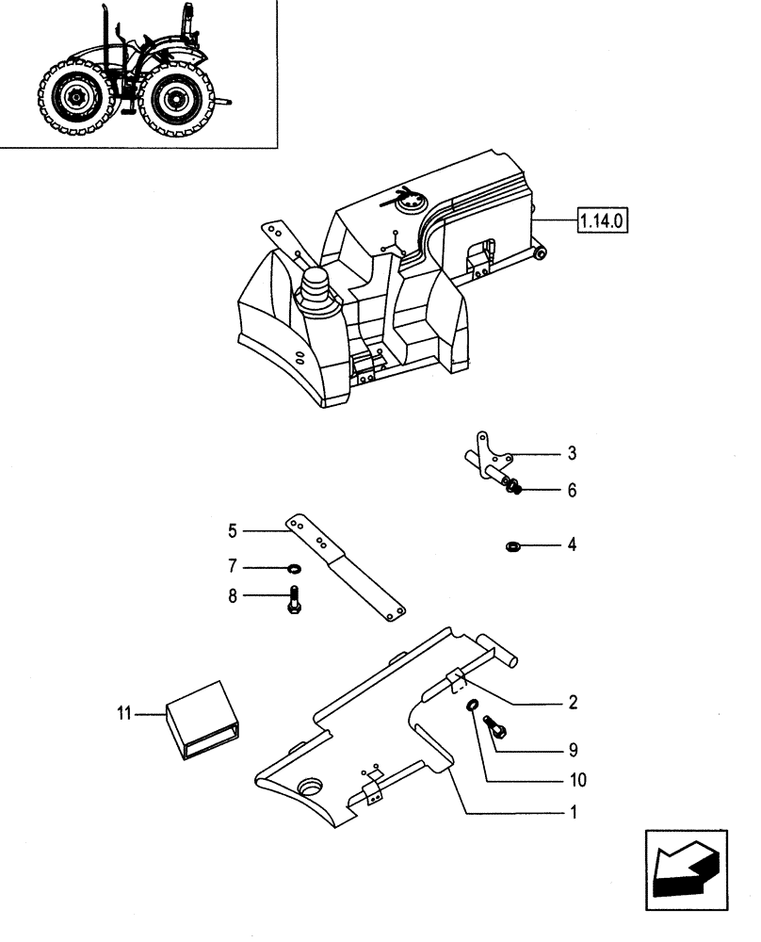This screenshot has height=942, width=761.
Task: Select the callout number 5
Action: click(x=232, y=530)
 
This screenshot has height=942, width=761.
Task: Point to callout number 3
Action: click(x=571, y=453)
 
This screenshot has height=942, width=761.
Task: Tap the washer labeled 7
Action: click(x=294, y=568)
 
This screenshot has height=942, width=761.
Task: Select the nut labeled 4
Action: click(x=513, y=544)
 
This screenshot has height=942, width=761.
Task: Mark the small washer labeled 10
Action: click(x=473, y=707)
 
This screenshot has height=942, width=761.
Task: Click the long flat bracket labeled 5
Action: click(x=348, y=569)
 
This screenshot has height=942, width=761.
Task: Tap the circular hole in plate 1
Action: click(x=311, y=786)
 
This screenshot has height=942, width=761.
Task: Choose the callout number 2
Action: click(x=572, y=703)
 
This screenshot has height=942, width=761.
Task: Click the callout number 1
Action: click(x=572, y=811)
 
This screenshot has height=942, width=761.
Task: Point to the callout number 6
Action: click(x=571, y=492)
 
